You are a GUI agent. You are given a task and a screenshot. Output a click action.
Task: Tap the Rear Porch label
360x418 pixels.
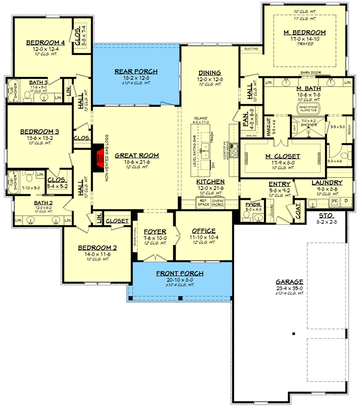tap(136, 72)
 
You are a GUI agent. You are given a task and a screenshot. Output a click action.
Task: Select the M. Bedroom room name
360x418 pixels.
tap(305, 32)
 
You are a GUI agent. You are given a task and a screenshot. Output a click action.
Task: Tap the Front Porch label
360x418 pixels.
tap(180, 273)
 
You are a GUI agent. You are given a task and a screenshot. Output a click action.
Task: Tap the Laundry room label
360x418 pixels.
tap(327, 182)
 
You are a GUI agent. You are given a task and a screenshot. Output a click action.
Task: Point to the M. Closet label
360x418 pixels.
tap(282, 156)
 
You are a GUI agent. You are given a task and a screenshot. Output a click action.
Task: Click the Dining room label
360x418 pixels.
tap(209, 73)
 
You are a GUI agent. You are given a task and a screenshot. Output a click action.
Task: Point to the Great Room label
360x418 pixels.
tap(136, 155)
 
